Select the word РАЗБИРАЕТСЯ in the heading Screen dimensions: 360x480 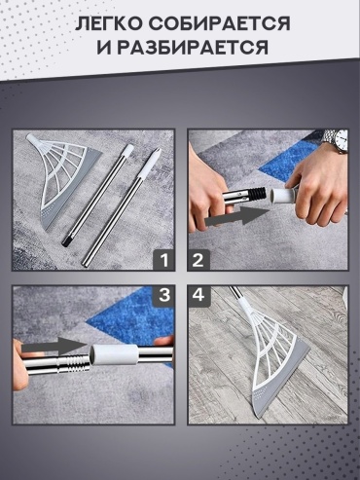(193, 47)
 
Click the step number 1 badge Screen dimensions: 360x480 (164, 260)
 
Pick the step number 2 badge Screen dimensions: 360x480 (198, 260)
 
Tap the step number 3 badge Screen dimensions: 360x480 (164, 296)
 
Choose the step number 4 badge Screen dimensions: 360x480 (198, 296)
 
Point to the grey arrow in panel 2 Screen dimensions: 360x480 (236, 216)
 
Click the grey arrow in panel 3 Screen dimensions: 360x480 (55, 347)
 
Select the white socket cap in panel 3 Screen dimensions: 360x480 (114, 355)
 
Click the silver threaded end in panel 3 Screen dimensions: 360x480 (74, 362)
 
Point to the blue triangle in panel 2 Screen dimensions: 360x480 (287, 160)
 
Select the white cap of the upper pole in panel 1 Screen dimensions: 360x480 (128, 150)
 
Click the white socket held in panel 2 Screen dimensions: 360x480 (281, 196)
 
